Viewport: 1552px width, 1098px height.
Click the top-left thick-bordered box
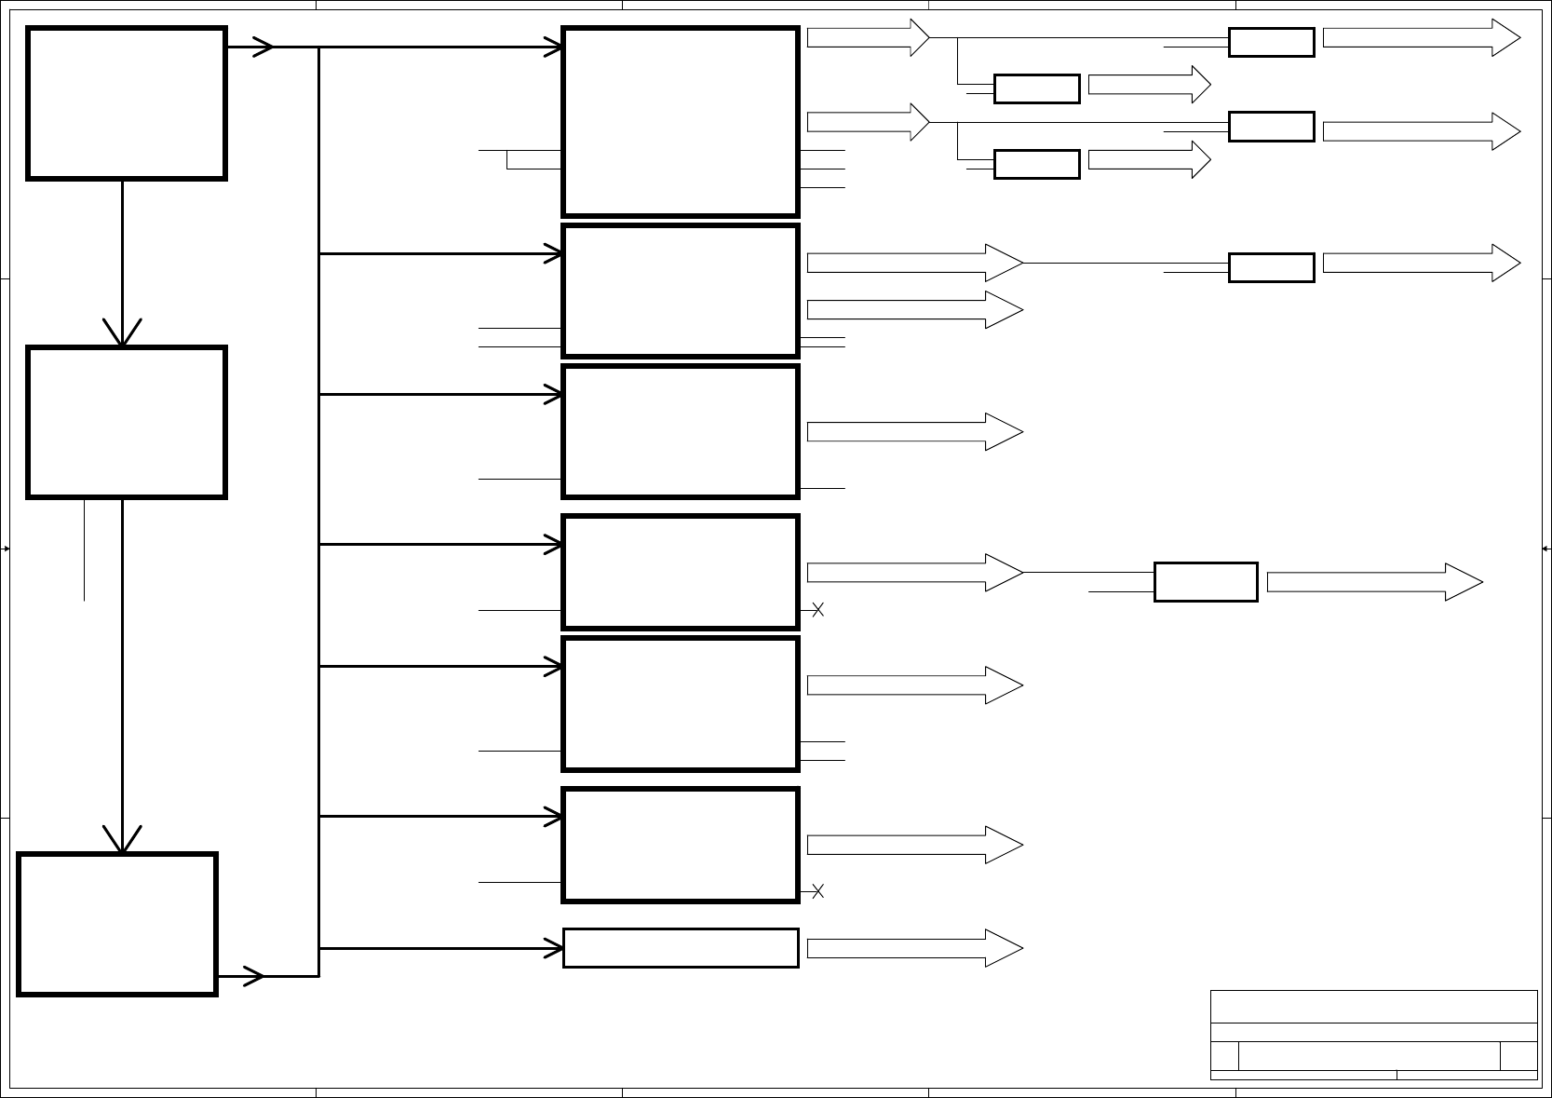[x=127, y=102]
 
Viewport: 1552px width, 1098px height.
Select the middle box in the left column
[x=127, y=423]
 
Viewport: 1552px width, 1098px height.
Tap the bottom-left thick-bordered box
[x=117, y=924]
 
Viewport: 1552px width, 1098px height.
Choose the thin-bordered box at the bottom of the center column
[x=681, y=948]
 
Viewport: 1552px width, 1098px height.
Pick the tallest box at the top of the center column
[x=681, y=122]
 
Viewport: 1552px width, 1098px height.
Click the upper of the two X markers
[x=817, y=610]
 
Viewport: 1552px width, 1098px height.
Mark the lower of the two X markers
[x=817, y=891]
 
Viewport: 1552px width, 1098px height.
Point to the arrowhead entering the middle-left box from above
[x=122, y=333]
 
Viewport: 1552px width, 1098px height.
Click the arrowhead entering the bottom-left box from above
[x=122, y=840]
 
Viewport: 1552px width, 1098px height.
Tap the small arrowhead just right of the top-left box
[x=263, y=47]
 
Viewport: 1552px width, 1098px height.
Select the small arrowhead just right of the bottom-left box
[x=253, y=976]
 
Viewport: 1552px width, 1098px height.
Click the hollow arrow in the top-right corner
[x=1421, y=37]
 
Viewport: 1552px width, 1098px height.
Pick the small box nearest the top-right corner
[x=1271, y=42]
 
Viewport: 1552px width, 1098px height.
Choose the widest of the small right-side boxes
[x=1206, y=582]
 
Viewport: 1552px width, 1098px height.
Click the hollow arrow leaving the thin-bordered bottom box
[x=914, y=948]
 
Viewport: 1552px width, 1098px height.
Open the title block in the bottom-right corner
[x=1373, y=1035]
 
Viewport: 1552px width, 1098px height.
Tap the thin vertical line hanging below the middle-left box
[x=85, y=549]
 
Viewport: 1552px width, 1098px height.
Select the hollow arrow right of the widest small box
[x=1374, y=582]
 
